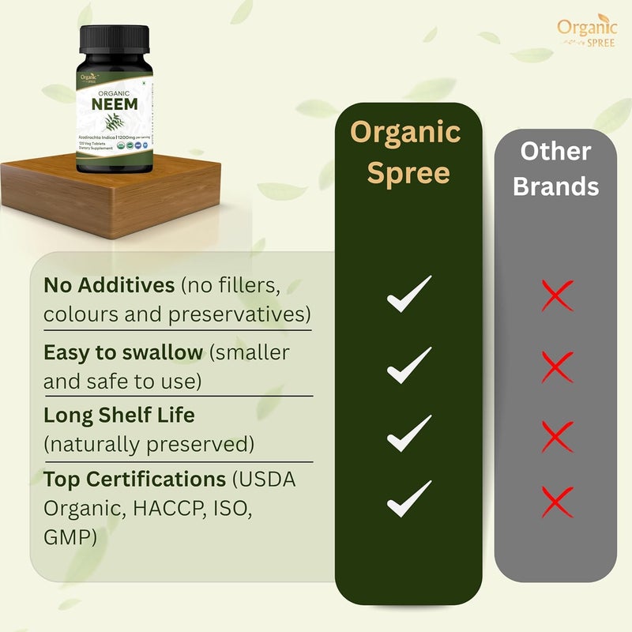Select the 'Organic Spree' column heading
tap(405, 152)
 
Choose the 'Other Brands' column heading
tap(555, 169)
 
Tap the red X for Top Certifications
tap(557, 501)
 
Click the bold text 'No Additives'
tap(109, 284)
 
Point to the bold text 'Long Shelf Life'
tap(119, 415)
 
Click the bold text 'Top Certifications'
tap(134, 480)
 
